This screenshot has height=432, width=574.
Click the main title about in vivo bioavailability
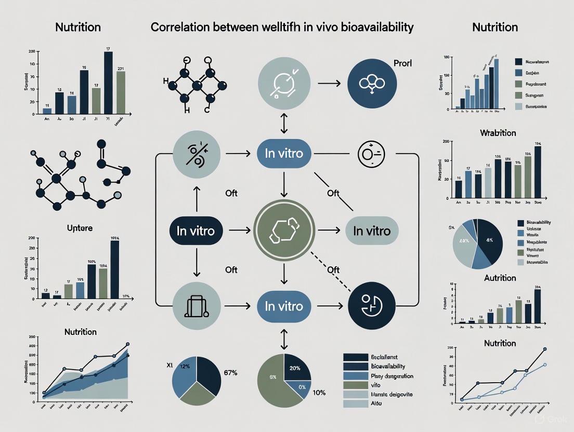pyautogui.click(x=282, y=27)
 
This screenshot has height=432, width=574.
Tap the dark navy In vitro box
pyautogui.click(x=195, y=231)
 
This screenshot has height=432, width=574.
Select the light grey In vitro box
pyautogui.click(x=372, y=231)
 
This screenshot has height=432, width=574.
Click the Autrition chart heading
pyautogui.click(x=492, y=278)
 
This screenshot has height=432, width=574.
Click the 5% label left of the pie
pyautogui.click(x=451, y=227)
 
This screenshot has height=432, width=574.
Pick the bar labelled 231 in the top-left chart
pyautogui.click(x=121, y=92)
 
